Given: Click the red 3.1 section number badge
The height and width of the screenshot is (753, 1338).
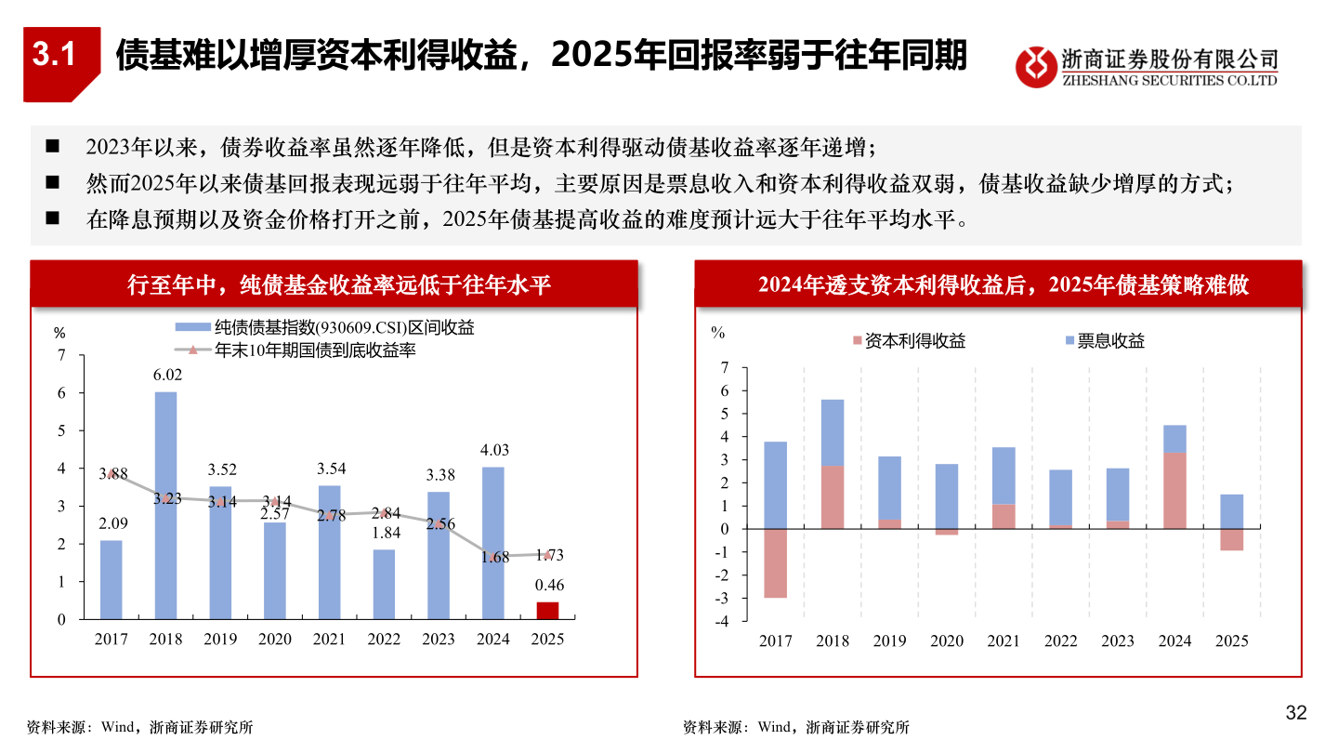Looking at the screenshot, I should [53, 57].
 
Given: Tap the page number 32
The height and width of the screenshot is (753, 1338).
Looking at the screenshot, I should [1295, 713].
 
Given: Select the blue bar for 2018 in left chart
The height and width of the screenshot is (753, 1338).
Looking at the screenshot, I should [165, 505].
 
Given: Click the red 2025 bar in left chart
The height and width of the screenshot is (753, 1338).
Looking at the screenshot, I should [548, 610].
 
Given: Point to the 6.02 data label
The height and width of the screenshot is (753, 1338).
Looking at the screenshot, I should [166, 375].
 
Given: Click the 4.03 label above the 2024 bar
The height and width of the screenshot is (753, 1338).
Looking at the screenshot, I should [492, 450].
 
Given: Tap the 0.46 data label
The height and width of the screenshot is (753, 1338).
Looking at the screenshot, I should [548, 585].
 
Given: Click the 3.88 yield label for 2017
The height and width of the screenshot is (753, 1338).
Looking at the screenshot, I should [112, 473].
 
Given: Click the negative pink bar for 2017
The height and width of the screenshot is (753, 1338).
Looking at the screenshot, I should [775, 563].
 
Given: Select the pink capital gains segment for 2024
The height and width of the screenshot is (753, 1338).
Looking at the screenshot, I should [1174, 491].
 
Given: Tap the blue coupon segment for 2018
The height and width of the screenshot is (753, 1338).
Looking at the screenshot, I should [832, 432].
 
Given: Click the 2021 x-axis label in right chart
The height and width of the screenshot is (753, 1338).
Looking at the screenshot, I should [1003, 641].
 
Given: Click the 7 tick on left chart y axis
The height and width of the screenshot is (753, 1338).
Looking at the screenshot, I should [62, 355].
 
